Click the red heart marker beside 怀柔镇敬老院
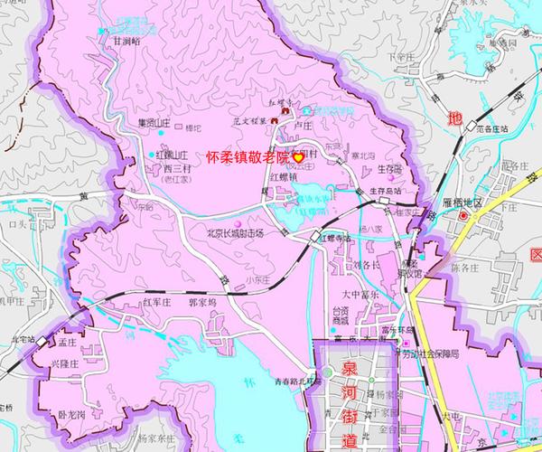(297, 156)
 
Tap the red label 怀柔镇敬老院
(248, 156)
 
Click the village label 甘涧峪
(126, 41)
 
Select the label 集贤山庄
(153, 123)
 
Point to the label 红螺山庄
(173, 155)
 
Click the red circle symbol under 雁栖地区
(464, 217)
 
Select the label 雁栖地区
(470, 204)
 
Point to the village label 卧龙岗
(70, 415)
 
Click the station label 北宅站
(22, 340)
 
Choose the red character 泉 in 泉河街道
(350, 369)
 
